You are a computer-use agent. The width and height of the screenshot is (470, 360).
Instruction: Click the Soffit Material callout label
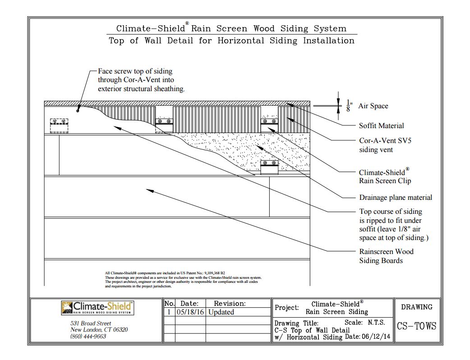(x=381, y=126)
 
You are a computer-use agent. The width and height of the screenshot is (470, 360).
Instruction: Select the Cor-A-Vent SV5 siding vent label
(x=385, y=145)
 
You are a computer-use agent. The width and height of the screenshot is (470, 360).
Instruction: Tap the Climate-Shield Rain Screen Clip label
(x=385, y=176)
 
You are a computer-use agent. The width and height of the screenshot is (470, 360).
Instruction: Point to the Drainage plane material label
(x=395, y=197)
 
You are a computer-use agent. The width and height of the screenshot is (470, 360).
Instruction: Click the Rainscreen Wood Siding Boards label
(x=386, y=256)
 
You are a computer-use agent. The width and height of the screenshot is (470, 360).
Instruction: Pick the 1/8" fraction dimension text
(x=349, y=106)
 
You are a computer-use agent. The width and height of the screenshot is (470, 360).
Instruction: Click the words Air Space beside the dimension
(x=373, y=106)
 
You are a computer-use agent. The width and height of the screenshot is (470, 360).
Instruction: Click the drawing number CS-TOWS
(x=416, y=326)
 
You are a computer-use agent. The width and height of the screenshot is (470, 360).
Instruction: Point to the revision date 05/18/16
(x=189, y=312)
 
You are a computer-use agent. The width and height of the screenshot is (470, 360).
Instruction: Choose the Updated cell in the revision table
(x=221, y=312)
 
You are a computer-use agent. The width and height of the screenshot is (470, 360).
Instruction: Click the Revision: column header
(x=229, y=304)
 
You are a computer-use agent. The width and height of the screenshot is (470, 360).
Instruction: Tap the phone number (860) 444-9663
(x=88, y=336)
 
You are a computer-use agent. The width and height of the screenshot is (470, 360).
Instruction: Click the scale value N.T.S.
(x=378, y=323)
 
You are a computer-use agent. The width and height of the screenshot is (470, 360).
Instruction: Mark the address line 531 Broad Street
(x=91, y=323)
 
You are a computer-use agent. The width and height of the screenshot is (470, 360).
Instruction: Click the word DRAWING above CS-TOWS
(x=416, y=307)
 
